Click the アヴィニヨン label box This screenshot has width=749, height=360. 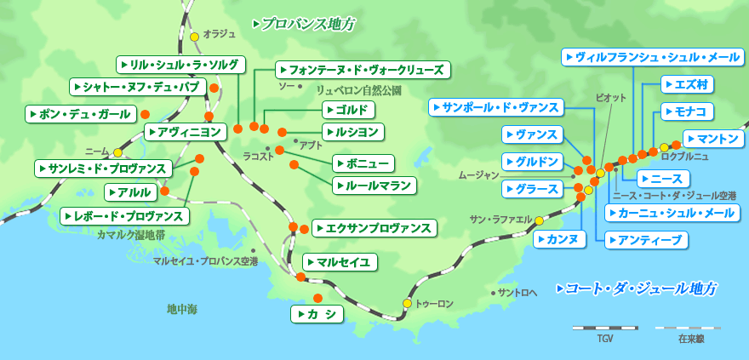(186, 132)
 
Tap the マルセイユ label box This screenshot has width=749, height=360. (340, 262)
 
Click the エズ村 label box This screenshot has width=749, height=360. (687, 84)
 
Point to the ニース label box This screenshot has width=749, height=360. (663, 179)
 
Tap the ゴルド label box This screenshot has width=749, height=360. (349, 110)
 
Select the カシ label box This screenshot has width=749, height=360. (317, 315)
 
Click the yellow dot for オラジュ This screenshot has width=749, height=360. (195, 37)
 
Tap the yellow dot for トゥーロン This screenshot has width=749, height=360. (407, 303)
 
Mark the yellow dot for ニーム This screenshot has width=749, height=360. (117, 152)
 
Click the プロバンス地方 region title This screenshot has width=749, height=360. (304, 24)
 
